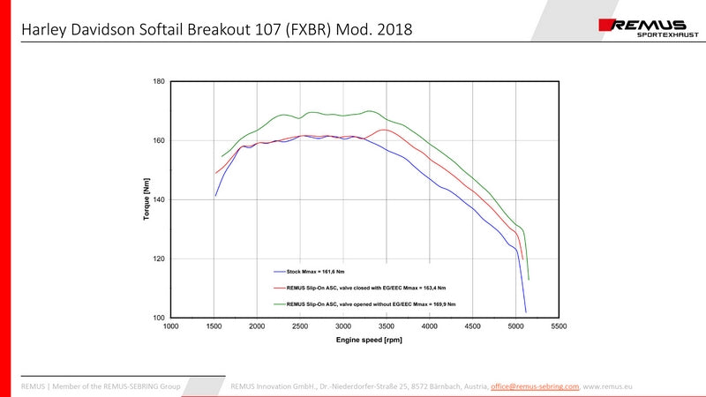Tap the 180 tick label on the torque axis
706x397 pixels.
pyautogui.click(x=159, y=81)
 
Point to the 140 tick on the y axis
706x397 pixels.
pyautogui.click(x=159, y=199)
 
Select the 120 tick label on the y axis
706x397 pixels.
pyautogui.click(x=159, y=258)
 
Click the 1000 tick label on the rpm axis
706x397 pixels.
pyautogui.click(x=171, y=326)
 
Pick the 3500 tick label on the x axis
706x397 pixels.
pyautogui.click(x=387, y=326)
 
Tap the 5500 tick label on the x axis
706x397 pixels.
pyautogui.click(x=559, y=326)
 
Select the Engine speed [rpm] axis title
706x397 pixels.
pyautogui.click(x=364, y=339)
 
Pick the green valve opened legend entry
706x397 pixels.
pyautogui.click(x=372, y=303)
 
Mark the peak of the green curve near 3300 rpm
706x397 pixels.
pyautogui.click(x=369, y=111)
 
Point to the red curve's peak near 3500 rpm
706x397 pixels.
pyautogui.click(x=385, y=130)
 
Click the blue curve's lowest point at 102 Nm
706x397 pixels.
pyautogui.click(x=526, y=311)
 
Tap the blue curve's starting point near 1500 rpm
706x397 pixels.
pyautogui.click(x=215, y=195)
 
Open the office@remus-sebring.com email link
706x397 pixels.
pyautogui.click(x=535, y=386)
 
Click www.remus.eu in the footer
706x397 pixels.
pyautogui.click(x=609, y=386)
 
